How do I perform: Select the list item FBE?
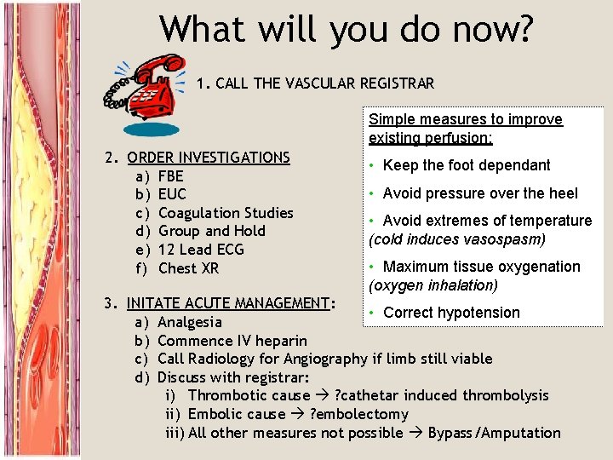172,176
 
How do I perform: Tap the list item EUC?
172,194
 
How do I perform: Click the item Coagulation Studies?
226,213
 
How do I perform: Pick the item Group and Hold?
212,231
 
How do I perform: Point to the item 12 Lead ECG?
201,250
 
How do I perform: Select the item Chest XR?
189,268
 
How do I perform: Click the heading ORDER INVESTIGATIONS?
209,158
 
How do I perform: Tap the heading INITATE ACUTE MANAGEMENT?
227,303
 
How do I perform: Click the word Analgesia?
190,322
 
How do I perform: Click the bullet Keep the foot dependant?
466,165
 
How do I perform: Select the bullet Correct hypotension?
450,313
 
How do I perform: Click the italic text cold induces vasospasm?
457,239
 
